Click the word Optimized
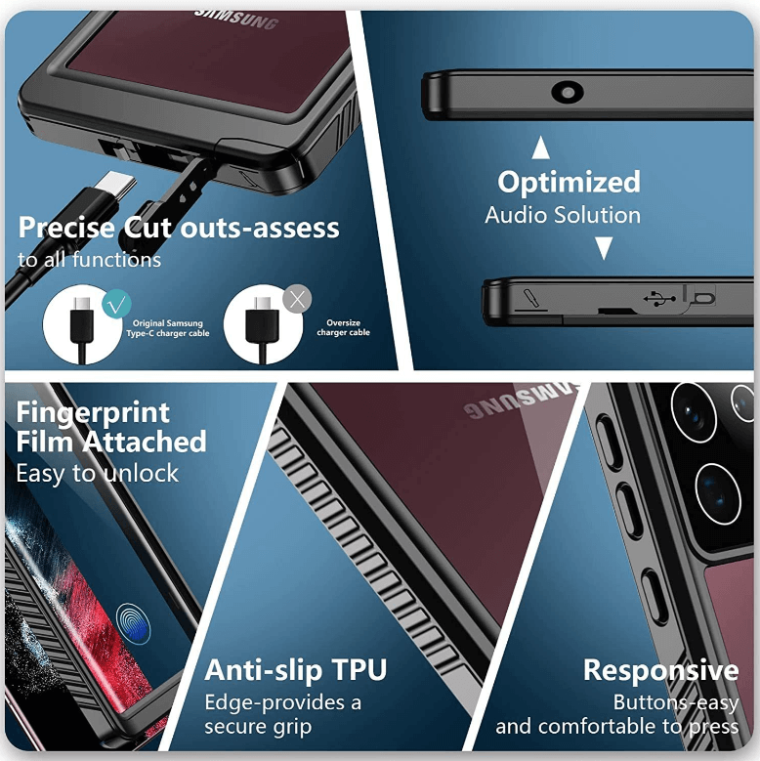tap(569, 183)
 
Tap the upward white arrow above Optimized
tap(540, 148)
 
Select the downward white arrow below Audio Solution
tap(604, 249)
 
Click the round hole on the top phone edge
tap(566, 93)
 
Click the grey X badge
tap(297, 299)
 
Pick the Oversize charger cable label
tap(343, 327)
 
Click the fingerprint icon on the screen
tap(132, 620)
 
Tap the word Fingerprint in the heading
tap(93, 412)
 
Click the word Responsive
tap(660, 670)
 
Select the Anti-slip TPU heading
tap(295, 670)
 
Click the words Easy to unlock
tap(98, 474)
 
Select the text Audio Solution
tap(563, 215)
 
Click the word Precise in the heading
tap(66, 229)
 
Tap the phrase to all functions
tap(89, 260)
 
